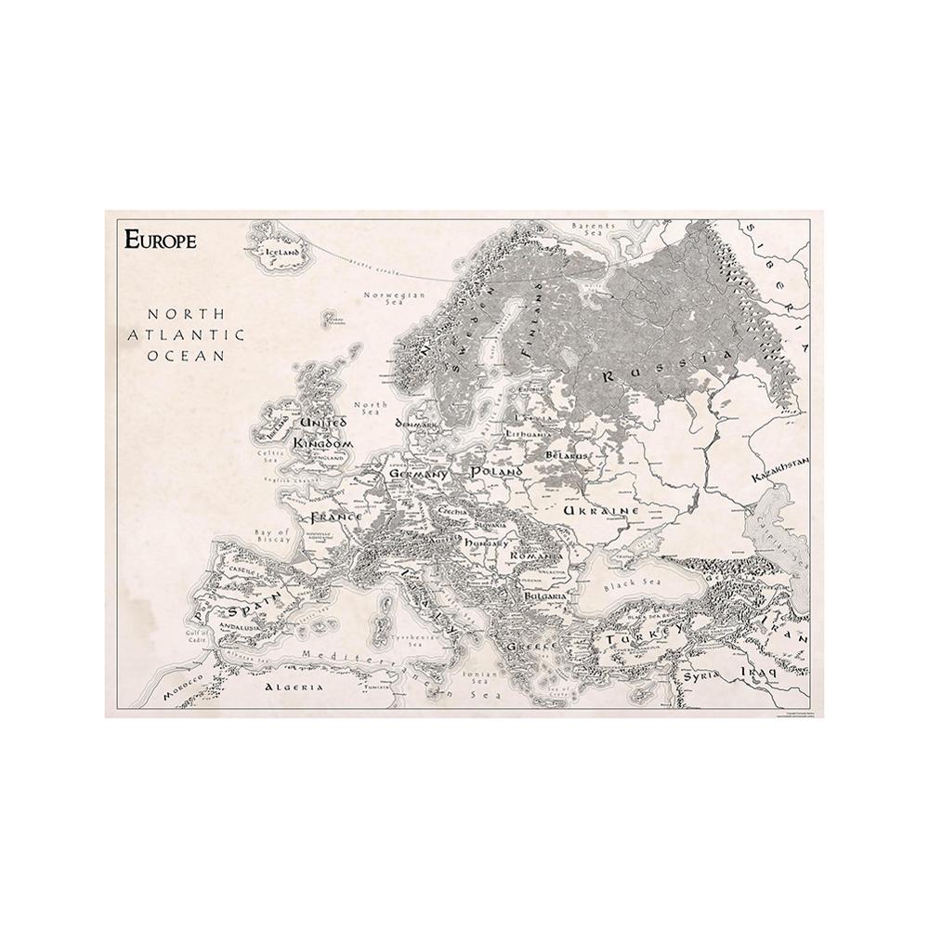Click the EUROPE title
tap(160, 240)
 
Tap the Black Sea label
tap(624, 587)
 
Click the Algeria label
tap(294, 687)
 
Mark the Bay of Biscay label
tap(272, 538)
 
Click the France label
tap(335, 517)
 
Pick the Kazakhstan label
tap(782, 468)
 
